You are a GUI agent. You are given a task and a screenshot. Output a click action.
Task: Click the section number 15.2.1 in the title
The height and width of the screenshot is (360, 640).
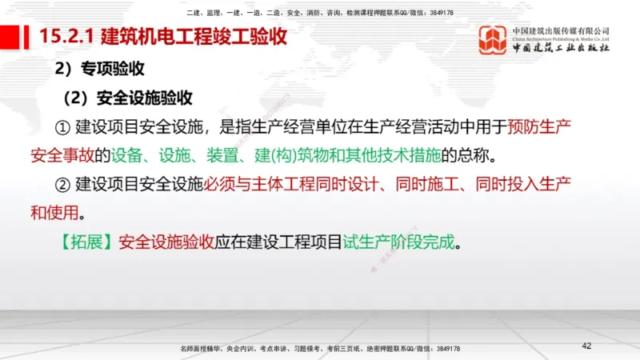(67, 36)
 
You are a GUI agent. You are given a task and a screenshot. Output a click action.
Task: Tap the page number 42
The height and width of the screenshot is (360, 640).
(586, 346)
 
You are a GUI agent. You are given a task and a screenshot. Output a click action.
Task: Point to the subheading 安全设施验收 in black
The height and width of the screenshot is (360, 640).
(145, 98)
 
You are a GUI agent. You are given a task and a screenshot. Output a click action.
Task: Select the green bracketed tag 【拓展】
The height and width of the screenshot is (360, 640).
(86, 241)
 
